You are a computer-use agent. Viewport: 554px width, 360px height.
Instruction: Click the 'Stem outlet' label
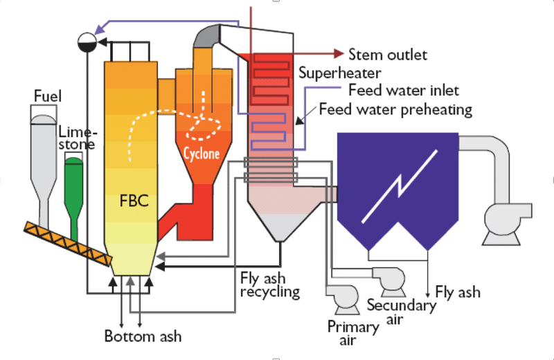[x=388, y=55]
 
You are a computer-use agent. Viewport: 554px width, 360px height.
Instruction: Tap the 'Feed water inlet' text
[x=404, y=91]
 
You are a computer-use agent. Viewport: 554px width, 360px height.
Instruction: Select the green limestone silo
[x=73, y=187]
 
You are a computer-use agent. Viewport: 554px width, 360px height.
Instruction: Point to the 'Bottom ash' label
[x=143, y=337]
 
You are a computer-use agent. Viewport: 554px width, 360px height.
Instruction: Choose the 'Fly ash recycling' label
[x=269, y=284]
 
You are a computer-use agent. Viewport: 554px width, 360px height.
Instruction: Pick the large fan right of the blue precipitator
[x=509, y=221]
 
